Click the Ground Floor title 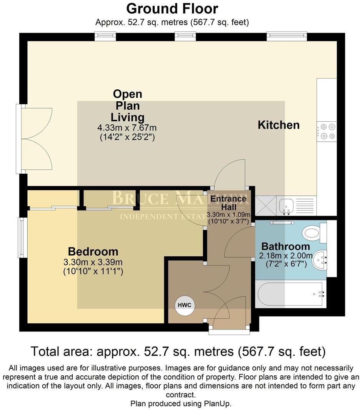[x=172, y=8]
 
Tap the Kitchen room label [x=278, y=125]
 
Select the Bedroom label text [x=93, y=252]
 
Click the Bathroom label [x=285, y=246]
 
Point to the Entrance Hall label [x=228, y=202]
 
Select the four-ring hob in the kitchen [x=327, y=131]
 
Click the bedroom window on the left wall [x=23, y=238]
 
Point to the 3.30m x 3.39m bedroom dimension [x=93, y=263]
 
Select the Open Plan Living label [x=127, y=105]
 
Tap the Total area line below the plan [x=178, y=351]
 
